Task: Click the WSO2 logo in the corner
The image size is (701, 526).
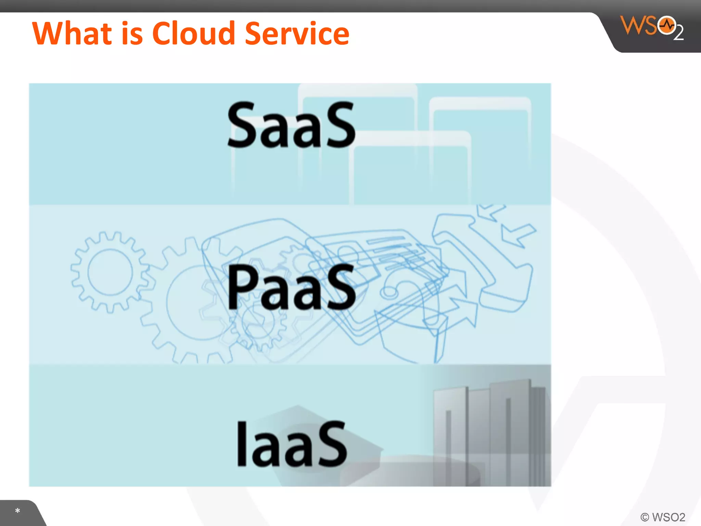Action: coord(651,27)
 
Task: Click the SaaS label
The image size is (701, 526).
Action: coord(291,125)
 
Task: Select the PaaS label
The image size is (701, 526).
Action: coord(291,288)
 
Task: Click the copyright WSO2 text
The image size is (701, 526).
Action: coord(663,517)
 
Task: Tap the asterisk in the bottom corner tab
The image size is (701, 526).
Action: coord(17,511)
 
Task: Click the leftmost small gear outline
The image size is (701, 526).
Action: coord(110,272)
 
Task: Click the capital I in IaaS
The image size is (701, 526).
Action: coord(242,444)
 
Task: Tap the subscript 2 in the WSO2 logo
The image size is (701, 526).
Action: coord(678,34)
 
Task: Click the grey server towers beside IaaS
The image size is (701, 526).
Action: coord(489,431)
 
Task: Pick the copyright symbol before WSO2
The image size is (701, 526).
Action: coord(645,517)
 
